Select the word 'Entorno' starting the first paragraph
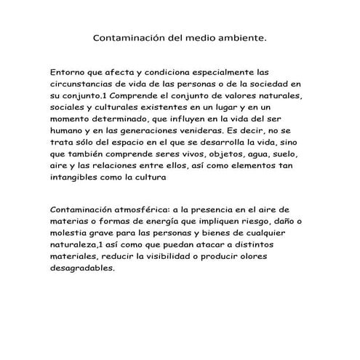point(70,72)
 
